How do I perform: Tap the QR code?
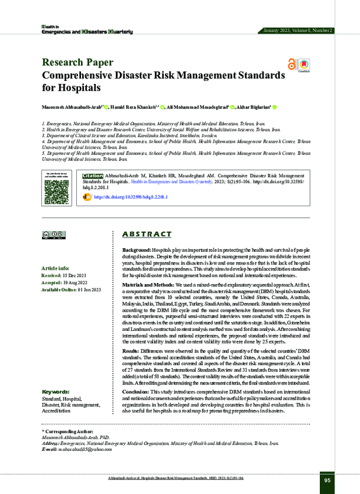56,186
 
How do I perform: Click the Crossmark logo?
304,65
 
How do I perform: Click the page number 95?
327,480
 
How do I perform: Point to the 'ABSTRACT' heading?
147,234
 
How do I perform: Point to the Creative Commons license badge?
54,234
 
